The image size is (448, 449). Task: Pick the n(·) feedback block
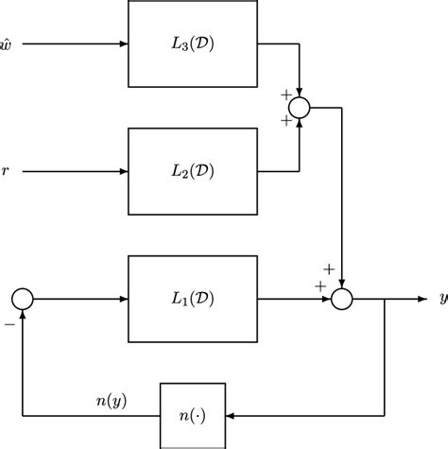193,415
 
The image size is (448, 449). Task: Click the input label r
9,172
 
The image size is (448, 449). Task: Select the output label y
441,300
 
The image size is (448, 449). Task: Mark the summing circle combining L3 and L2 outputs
300,108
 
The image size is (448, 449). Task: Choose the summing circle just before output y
342,300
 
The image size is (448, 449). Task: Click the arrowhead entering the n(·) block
231,415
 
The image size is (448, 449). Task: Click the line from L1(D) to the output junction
293,300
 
